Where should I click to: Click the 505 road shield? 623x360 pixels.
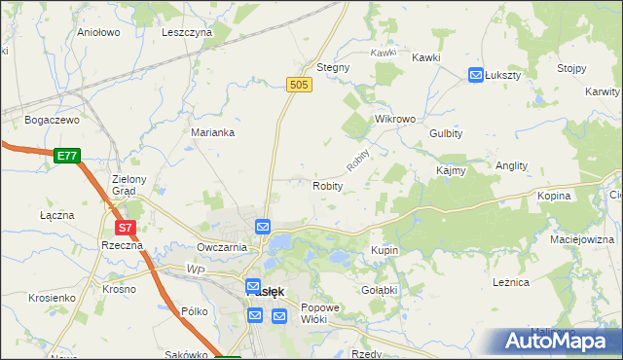click(x=299, y=87)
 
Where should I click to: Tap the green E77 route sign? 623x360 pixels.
click(x=66, y=156)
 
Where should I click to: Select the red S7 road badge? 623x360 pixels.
click(x=125, y=229)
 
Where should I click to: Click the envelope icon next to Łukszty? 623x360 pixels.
click(x=476, y=74)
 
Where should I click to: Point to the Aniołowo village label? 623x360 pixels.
click(x=98, y=32)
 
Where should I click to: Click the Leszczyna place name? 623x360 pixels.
click(x=187, y=32)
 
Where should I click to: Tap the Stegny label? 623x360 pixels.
click(x=333, y=68)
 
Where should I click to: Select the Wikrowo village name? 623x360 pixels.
click(x=395, y=119)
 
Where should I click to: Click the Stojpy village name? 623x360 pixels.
click(x=571, y=68)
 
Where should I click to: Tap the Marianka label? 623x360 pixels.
click(x=212, y=132)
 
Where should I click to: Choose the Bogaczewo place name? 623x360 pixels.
click(x=52, y=120)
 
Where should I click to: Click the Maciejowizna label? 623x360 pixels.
click(x=582, y=238)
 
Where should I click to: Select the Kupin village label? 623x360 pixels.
click(x=385, y=250)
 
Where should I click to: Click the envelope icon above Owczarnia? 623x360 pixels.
click(x=263, y=227)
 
